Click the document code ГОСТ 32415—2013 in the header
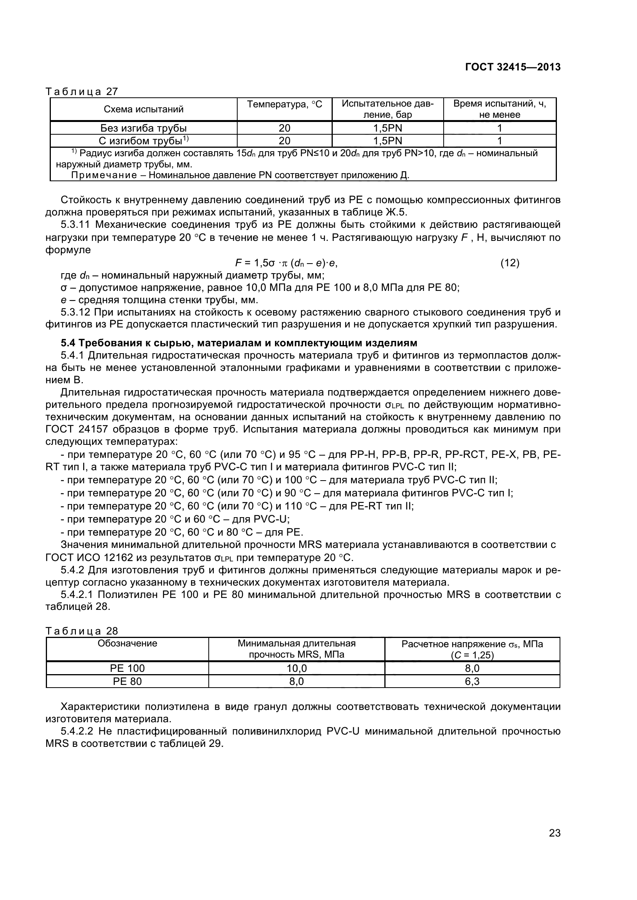coord(513,67)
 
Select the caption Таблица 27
coord(82,91)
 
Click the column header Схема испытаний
coord(144,109)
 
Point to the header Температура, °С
coord(284,104)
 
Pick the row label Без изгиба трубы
coord(144,128)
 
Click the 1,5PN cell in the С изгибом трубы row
coord(387,141)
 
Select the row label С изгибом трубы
coord(144,141)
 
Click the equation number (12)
coord(510,263)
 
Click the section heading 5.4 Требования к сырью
coord(238,343)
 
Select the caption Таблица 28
coord(82,631)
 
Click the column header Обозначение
coord(127,643)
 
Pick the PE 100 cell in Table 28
coord(127,668)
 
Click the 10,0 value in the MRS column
coord(297,668)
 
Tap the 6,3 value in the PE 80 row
coord(472,681)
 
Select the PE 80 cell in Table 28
coord(127,681)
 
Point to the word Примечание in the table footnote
coord(104,175)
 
